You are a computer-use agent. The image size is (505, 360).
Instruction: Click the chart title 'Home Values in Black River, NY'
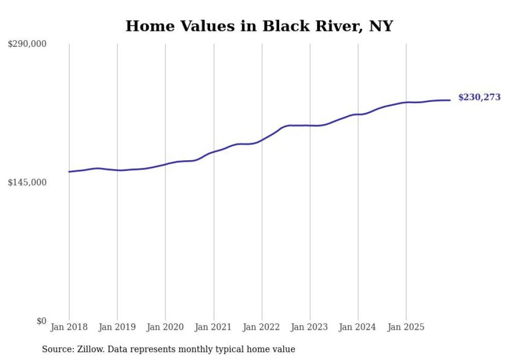point(259,26)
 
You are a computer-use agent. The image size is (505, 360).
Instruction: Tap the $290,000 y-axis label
point(27,44)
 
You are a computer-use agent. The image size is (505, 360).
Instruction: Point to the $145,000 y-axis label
point(27,182)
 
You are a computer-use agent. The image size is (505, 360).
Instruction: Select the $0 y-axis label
point(41,321)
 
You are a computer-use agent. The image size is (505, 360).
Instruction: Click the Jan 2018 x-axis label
point(69,327)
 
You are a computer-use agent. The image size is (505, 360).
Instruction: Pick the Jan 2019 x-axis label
point(117,327)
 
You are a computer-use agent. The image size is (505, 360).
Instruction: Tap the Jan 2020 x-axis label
point(165,327)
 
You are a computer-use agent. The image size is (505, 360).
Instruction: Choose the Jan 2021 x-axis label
point(214,327)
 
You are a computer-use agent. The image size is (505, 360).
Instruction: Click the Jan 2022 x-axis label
point(262,327)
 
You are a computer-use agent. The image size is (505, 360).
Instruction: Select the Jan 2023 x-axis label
point(310,327)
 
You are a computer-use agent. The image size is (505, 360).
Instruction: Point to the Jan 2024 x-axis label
point(358,327)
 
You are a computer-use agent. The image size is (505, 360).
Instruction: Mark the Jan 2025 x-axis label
point(407,327)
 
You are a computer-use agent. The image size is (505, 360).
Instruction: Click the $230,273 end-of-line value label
point(479,97)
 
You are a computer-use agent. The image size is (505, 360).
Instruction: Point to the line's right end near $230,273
point(450,100)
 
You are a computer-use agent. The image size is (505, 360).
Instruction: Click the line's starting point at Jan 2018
point(69,172)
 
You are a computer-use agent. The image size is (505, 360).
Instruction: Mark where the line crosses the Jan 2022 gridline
point(262,140)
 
